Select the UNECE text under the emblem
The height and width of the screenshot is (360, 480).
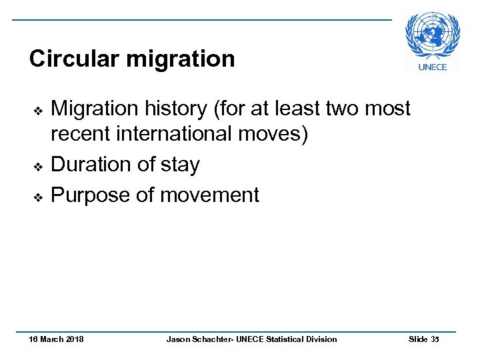coord(432,67)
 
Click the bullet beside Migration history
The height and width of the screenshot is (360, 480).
coord(38,109)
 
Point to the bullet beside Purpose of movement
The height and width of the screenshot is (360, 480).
coord(38,197)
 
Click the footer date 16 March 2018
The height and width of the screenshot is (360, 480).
coord(57,339)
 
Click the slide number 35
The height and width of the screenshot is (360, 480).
coord(435,339)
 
